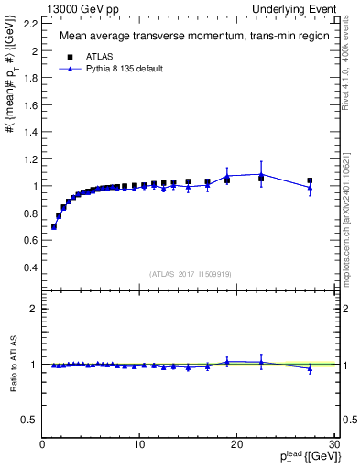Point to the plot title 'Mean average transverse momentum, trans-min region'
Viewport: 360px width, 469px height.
coord(189,37)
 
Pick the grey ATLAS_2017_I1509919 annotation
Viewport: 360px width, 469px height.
coord(189,273)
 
